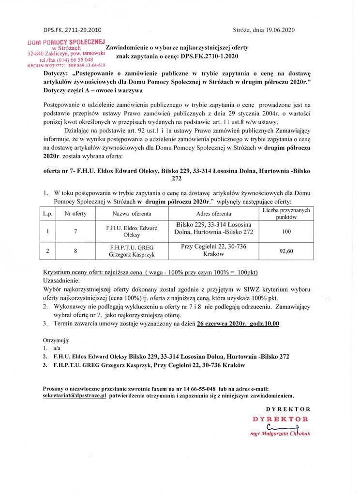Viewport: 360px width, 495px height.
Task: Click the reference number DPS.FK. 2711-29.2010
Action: (x=73, y=29)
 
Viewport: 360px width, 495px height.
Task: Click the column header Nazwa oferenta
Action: (x=132, y=213)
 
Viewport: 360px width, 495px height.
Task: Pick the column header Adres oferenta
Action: (x=213, y=213)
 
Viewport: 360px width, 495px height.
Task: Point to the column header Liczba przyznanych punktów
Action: (x=286, y=213)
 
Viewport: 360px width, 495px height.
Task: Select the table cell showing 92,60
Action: (x=286, y=250)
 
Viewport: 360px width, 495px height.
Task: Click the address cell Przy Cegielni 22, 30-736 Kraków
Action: (x=213, y=250)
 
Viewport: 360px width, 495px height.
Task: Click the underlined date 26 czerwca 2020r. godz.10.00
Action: (x=238, y=323)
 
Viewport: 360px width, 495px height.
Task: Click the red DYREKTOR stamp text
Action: (x=280, y=419)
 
